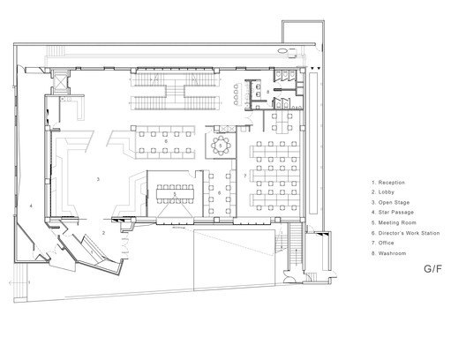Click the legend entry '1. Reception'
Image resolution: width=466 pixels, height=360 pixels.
pos(388,183)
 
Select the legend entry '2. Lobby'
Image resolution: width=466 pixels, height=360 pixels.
pos(383,192)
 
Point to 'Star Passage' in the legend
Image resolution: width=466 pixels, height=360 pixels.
pos(396,213)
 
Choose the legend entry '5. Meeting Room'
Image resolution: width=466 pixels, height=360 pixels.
pos(394,222)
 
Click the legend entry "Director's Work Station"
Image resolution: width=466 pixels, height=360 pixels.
pos(409,233)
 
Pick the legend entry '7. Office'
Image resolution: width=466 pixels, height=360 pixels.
pos(383,243)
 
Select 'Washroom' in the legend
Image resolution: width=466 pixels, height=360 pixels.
pos(392,253)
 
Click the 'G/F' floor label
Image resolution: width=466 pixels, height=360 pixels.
pos(432,269)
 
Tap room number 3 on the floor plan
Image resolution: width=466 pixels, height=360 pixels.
pos(98,179)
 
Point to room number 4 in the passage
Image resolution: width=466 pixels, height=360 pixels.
pos(31,206)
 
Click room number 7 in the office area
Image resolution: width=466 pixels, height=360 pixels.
pos(245,176)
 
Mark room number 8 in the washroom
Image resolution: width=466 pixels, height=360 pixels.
pos(267,92)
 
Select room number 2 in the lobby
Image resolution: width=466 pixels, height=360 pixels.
pos(104,233)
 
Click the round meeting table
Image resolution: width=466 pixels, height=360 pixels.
pos(221,146)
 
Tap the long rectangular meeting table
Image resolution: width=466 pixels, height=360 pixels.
pos(175,194)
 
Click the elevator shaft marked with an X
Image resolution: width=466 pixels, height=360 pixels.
pos(60,80)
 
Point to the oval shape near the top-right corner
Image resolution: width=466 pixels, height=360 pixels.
pos(282,51)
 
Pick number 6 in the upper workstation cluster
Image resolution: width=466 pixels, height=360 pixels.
pos(166,141)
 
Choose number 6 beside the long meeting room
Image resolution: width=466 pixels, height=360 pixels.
pos(220,193)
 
